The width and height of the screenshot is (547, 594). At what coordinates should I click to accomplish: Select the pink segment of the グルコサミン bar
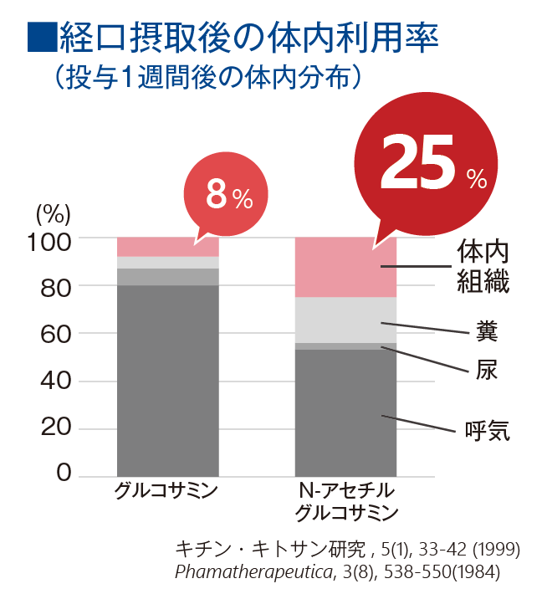[x=167, y=246]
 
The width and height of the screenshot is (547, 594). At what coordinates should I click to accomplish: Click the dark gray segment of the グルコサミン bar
[x=167, y=381]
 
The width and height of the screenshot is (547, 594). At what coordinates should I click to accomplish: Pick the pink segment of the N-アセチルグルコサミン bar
[x=345, y=267]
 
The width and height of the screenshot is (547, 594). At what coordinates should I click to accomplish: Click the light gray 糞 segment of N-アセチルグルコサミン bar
[x=345, y=320]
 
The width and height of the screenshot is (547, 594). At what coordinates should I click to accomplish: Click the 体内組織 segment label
[x=483, y=267]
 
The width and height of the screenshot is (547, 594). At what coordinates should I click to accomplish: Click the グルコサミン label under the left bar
[x=166, y=490]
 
